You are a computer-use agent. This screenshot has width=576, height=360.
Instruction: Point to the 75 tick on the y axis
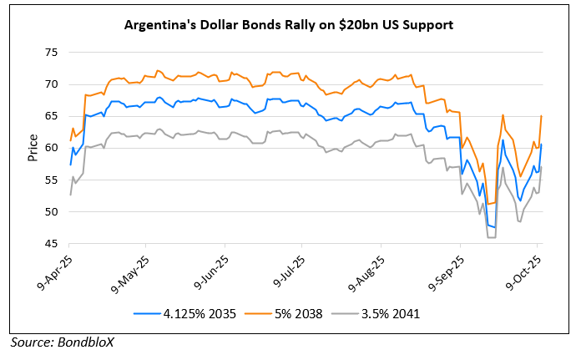51,53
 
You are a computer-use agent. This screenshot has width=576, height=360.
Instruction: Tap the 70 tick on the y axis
51,84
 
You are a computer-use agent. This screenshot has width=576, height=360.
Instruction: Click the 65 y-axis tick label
51,116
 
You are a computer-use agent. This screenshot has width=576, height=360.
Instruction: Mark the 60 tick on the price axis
51,148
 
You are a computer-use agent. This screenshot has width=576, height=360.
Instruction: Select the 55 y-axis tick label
51,180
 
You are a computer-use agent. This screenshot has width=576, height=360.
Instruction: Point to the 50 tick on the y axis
51,211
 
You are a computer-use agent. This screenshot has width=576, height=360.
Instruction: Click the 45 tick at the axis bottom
51,243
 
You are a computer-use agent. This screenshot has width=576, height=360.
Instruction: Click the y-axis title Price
32,148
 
